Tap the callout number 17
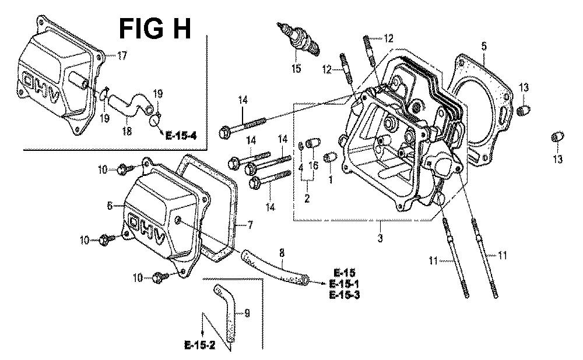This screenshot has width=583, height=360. pyautogui.click(x=121, y=56)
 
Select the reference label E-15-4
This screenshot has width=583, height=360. pyautogui.click(x=180, y=136)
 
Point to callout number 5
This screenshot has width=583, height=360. pyautogui.click(x=484, y=45)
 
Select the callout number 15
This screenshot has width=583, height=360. pyautogui.click(x=296, y=69)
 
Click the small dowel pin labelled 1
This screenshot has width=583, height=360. pyautogui.click(x=329, y=157)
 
